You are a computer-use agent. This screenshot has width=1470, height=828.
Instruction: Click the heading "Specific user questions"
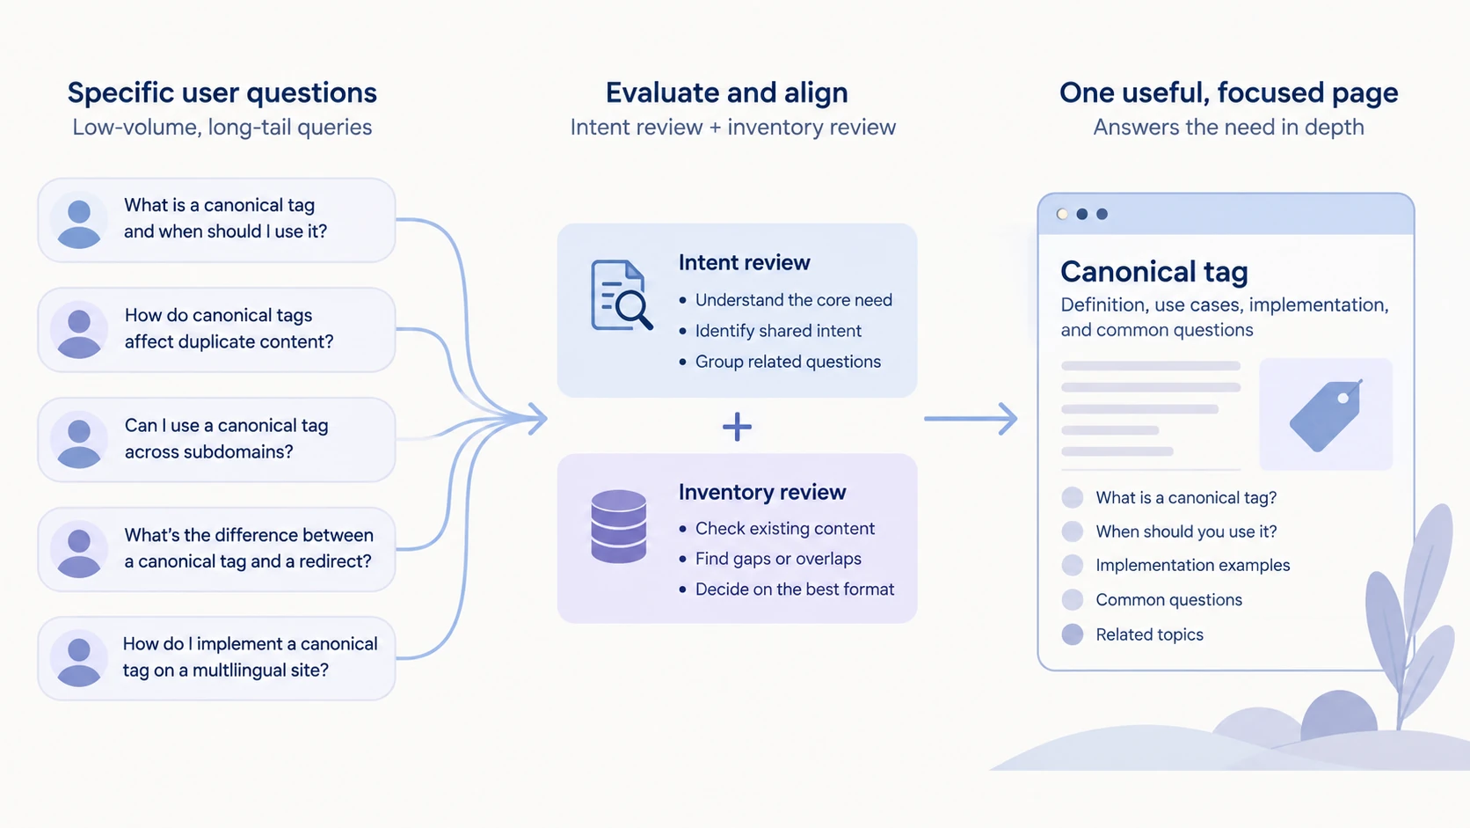tap(222, 93)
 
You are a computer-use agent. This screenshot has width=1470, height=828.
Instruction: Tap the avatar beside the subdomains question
tap(79, 440)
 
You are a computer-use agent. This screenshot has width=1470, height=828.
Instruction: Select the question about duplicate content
tap(229, 328)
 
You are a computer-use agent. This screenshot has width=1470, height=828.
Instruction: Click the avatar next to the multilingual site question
tap(79, 659)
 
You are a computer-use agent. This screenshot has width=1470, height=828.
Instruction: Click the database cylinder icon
tap(618, 526)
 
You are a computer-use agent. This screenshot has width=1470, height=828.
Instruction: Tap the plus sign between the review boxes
tap(737, 427)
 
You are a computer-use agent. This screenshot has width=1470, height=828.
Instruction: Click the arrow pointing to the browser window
tap(971, 419)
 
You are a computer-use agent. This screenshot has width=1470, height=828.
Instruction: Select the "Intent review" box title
tap(744, 262)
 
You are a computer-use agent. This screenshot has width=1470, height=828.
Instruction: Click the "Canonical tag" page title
tap(1153, 271)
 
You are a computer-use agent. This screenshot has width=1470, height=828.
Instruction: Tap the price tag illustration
tap(1327, 415)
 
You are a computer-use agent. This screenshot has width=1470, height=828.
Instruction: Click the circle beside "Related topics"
tap(1073, 634)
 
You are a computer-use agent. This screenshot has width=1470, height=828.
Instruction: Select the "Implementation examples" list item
tap(1192, 566)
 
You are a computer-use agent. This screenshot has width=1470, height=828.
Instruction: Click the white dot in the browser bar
tap(1062, 214)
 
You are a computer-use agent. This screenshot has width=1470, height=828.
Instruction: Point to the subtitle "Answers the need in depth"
tap(1228, 128)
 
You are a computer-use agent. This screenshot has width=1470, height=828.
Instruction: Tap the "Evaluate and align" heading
tap(726, 93)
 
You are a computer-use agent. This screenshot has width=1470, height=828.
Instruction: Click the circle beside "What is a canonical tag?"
tap(1073, 498)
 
